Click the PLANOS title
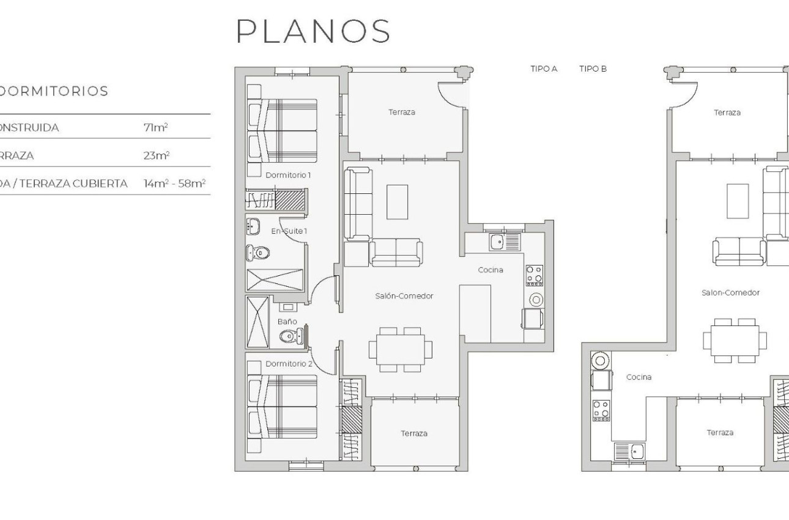[313, 31]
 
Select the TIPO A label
[543, 69]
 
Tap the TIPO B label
[593, 69]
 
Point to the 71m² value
[156, 128]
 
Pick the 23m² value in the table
[156, 155]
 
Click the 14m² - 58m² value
[174, 183]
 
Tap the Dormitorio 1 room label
[288, 175]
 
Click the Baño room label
[287, 321]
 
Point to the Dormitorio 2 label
[289, 363]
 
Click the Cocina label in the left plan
[491, 270]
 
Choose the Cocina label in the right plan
[639, 377]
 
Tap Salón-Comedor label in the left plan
[404, 295]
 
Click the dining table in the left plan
[400, 349]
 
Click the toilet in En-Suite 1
[257, 252]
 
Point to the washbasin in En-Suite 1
[253, 226]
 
